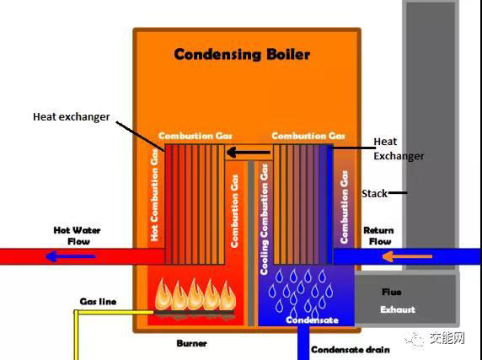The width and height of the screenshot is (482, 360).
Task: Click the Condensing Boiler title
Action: tap(242, 55)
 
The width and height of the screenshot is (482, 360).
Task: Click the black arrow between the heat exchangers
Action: tap(249, 152)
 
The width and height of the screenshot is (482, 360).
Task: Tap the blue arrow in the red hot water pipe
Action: tap(71, 256)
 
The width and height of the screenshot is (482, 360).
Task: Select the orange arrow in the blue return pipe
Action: tap(407, 256)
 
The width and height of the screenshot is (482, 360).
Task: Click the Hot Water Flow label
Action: tap(78, 236)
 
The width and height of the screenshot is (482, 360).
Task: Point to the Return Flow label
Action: tap(378, 236)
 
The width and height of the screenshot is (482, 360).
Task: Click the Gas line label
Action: tap(98, 302)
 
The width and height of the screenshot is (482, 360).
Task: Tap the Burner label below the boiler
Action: tap(191, 343)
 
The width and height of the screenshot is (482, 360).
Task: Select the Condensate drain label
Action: tap(351, 350)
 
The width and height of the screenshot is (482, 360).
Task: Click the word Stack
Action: tap(374, 194)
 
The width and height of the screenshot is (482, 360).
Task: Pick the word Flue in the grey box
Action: tap(391, 292)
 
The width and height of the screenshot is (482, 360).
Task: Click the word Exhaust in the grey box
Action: tap(398, 309)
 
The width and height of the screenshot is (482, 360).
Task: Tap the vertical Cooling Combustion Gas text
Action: tap(265, 219)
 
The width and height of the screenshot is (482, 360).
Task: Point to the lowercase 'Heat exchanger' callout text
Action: tap(72, 117)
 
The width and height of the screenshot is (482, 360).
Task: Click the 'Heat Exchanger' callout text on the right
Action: tap(399, 148)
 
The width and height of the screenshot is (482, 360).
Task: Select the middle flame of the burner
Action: tap(195, 294)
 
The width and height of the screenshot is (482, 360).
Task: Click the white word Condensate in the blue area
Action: tap(312, 320)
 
